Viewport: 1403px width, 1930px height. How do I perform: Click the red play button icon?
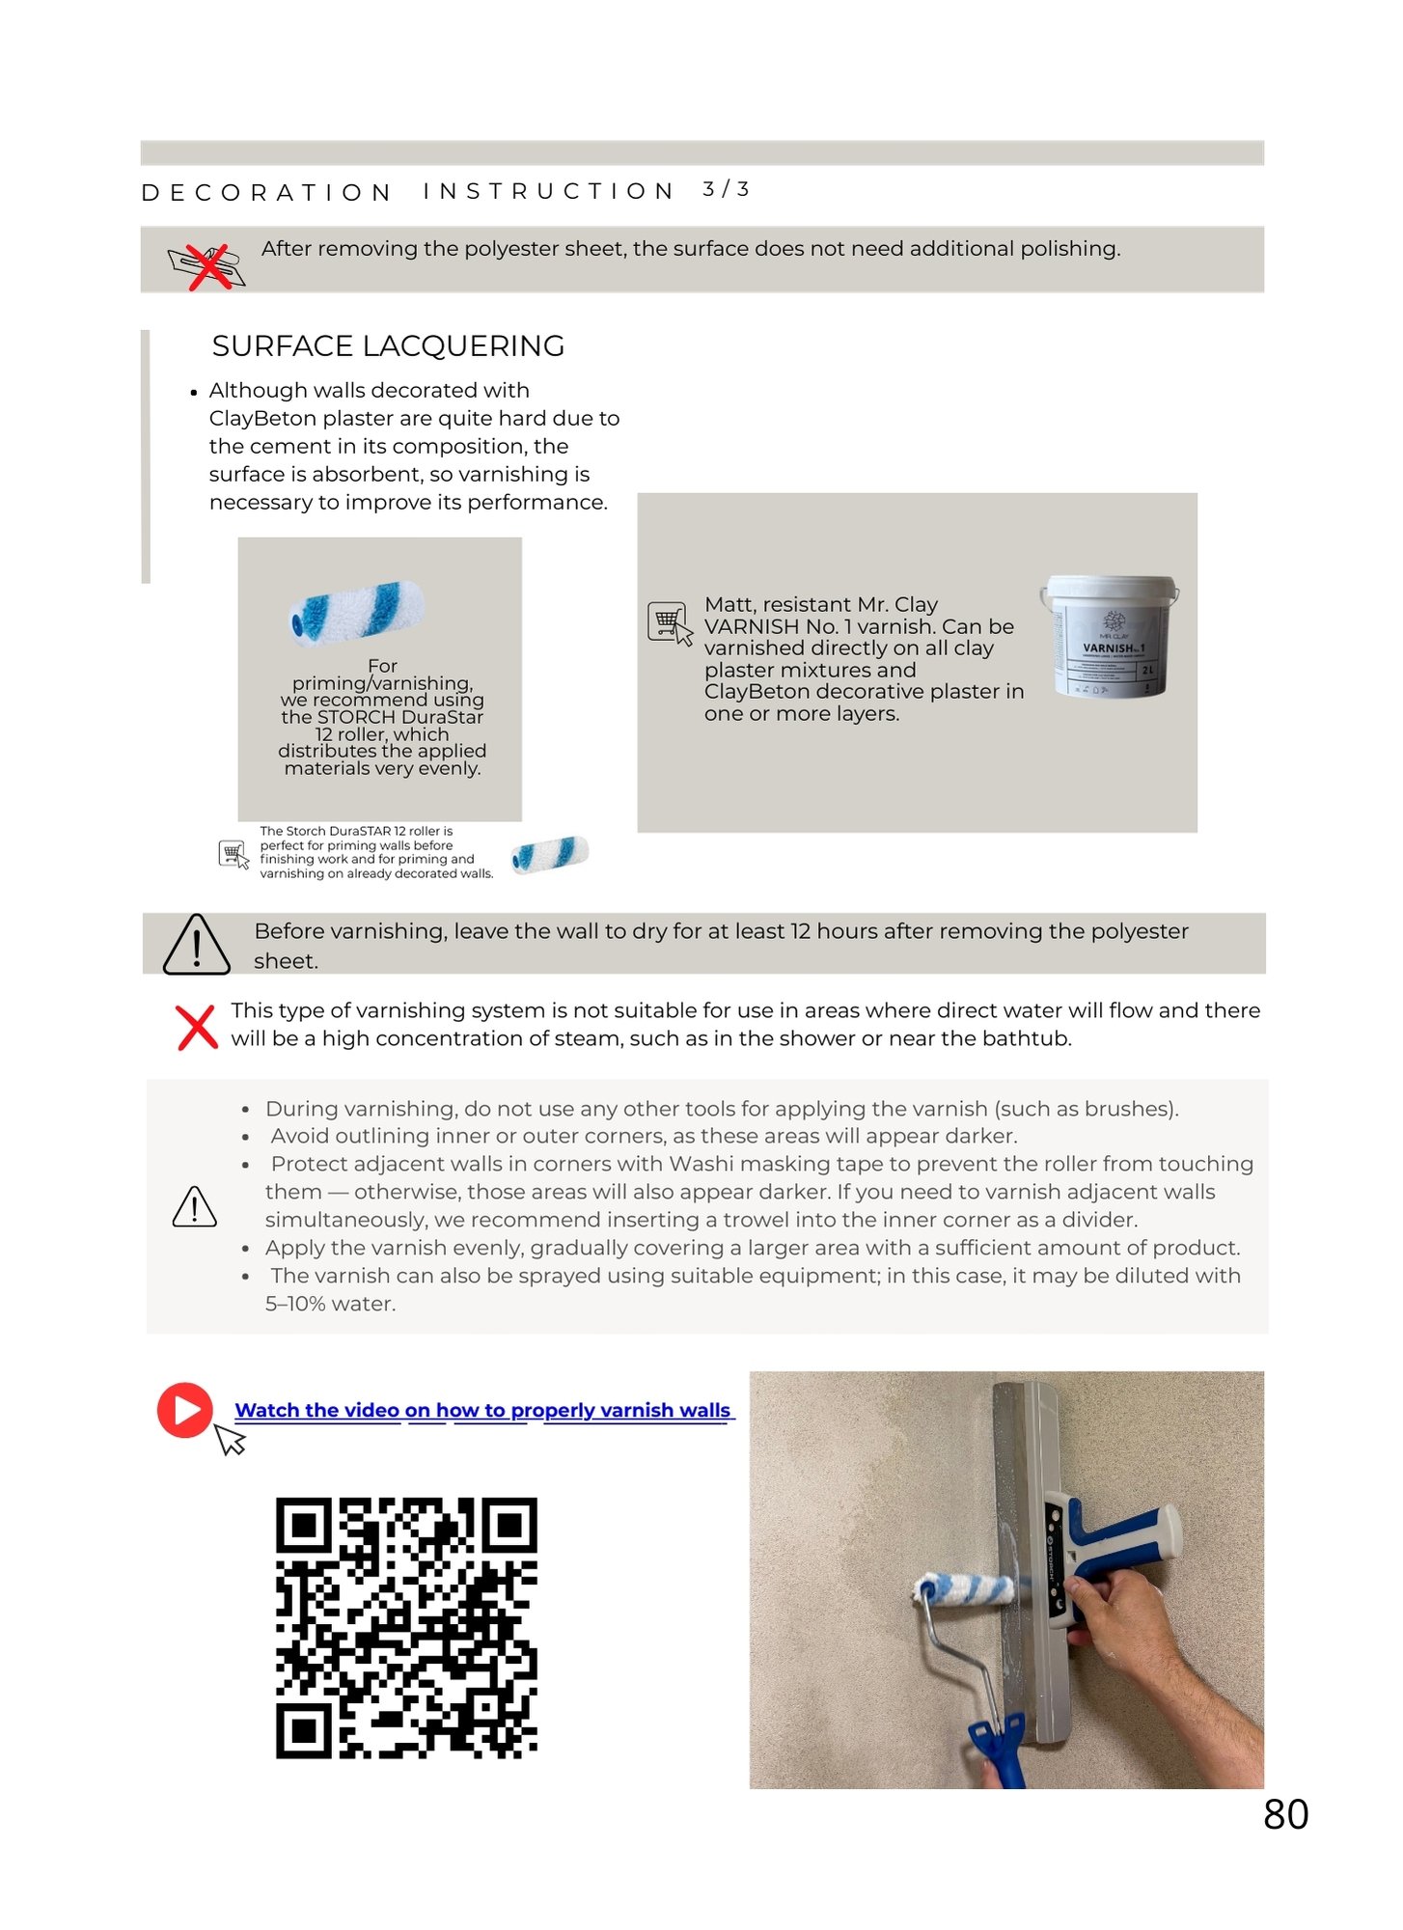(x=184, y=1410)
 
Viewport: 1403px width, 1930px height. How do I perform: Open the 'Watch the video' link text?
(x=482, y=1410)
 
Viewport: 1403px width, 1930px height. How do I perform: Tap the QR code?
(x=406, y=1627)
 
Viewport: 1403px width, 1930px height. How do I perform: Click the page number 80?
(x=1285, y=1814)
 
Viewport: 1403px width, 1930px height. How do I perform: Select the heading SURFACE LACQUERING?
(x=388, y=345)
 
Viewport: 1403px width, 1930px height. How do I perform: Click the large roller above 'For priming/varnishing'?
(x=357, y=612)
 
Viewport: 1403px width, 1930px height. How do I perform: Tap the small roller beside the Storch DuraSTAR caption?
(x=549, y=853)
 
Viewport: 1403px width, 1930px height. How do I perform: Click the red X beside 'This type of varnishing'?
(x=197, y=1027)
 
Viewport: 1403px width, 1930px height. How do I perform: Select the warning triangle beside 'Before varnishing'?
(x=197, y=945)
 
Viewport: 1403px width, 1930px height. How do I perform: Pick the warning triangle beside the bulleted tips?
(x=194, y=1206)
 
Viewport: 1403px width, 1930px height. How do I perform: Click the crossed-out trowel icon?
(x=206, y=265)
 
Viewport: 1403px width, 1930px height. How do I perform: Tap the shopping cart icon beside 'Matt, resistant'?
(x=669, y=622)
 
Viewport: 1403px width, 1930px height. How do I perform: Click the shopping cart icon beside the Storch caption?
(x=234, y=854)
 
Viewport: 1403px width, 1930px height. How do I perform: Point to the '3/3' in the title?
(x=726, y=189)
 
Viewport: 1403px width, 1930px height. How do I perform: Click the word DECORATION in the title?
(x=266, y=192)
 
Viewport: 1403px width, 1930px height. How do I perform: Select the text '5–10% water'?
(x=329, y=1304)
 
